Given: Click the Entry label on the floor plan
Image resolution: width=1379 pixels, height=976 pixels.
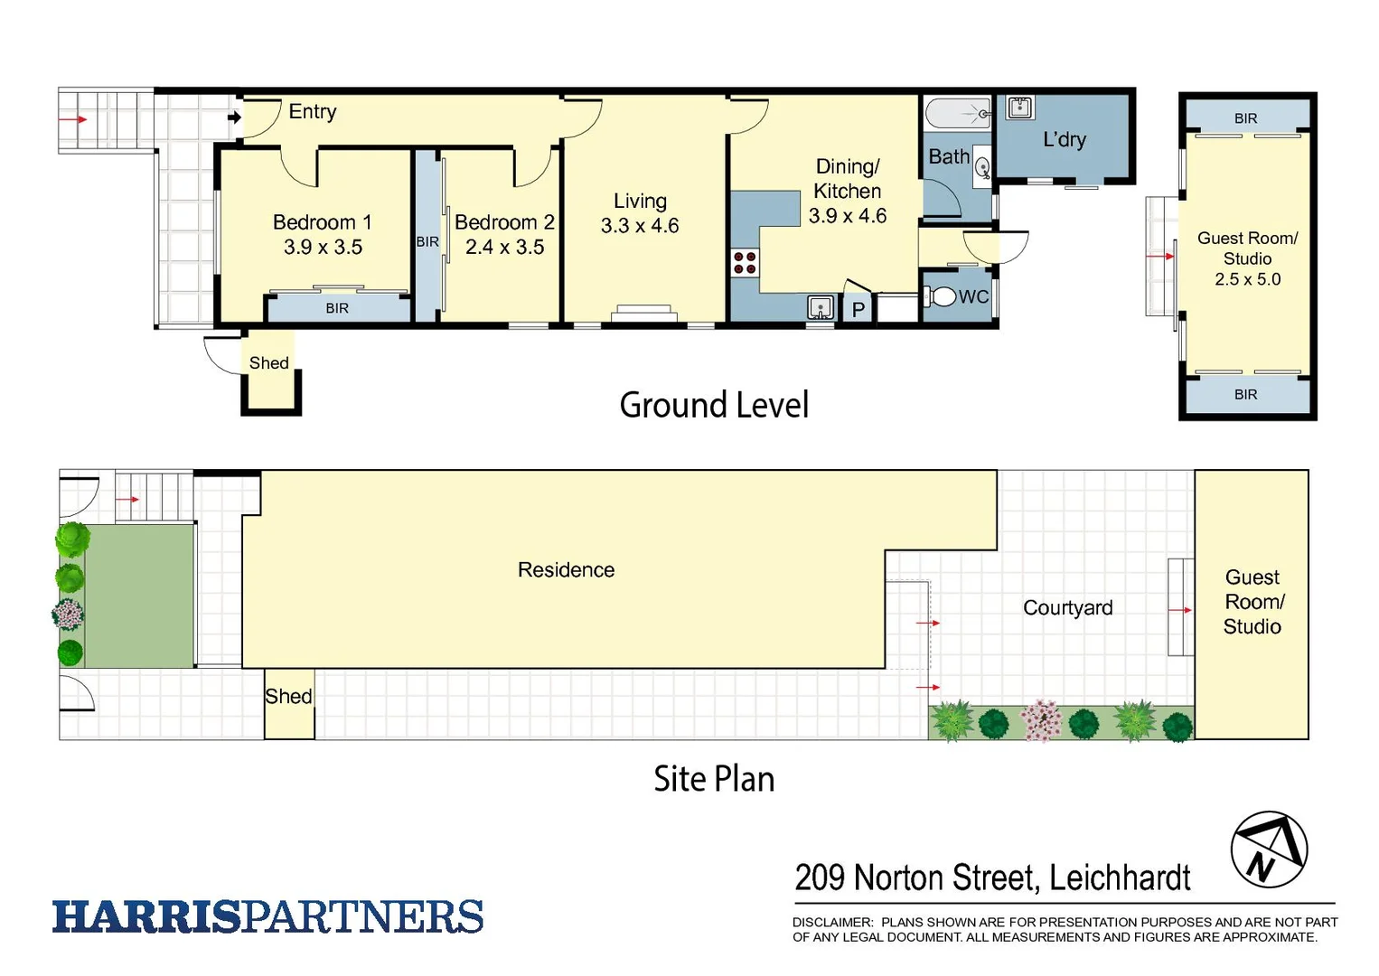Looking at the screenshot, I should pos(312,112).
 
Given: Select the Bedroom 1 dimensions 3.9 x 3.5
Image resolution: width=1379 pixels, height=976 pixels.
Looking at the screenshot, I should pos(323,248).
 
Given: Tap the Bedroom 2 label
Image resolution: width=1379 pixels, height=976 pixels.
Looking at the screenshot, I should pos(504,222).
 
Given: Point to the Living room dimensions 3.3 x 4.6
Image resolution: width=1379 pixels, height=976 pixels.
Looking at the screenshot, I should pos(640,226).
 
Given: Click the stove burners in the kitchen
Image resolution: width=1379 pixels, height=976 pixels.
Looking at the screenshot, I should pos(745,263).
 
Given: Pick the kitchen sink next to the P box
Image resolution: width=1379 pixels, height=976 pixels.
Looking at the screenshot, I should pos(820,308).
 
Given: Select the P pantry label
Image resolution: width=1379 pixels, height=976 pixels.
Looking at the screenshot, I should pos(858,309).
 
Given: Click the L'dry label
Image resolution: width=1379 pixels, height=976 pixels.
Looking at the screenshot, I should pos(1065,140).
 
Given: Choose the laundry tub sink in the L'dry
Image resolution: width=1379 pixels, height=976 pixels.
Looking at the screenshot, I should pos(1019,108).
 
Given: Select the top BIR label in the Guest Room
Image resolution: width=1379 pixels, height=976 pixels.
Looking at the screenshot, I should pos(1245,118).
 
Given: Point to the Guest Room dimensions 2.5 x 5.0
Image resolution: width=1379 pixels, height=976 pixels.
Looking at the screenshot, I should pos(1247,279).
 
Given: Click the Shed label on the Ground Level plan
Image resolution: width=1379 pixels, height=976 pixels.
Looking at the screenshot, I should pos(268,363).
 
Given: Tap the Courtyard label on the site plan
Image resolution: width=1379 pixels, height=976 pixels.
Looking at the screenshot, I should pos(1067,608).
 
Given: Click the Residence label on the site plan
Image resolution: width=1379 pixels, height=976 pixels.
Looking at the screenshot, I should pos(566,570).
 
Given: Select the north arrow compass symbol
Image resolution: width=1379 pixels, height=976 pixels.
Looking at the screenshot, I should pos(1269,849).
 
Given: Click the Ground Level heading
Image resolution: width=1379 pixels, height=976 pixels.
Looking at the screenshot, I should pos(714,405).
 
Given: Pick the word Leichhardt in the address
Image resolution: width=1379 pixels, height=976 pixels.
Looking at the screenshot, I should pos(1120,877).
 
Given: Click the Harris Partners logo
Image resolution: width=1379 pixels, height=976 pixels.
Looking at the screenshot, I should pos(267,916).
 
